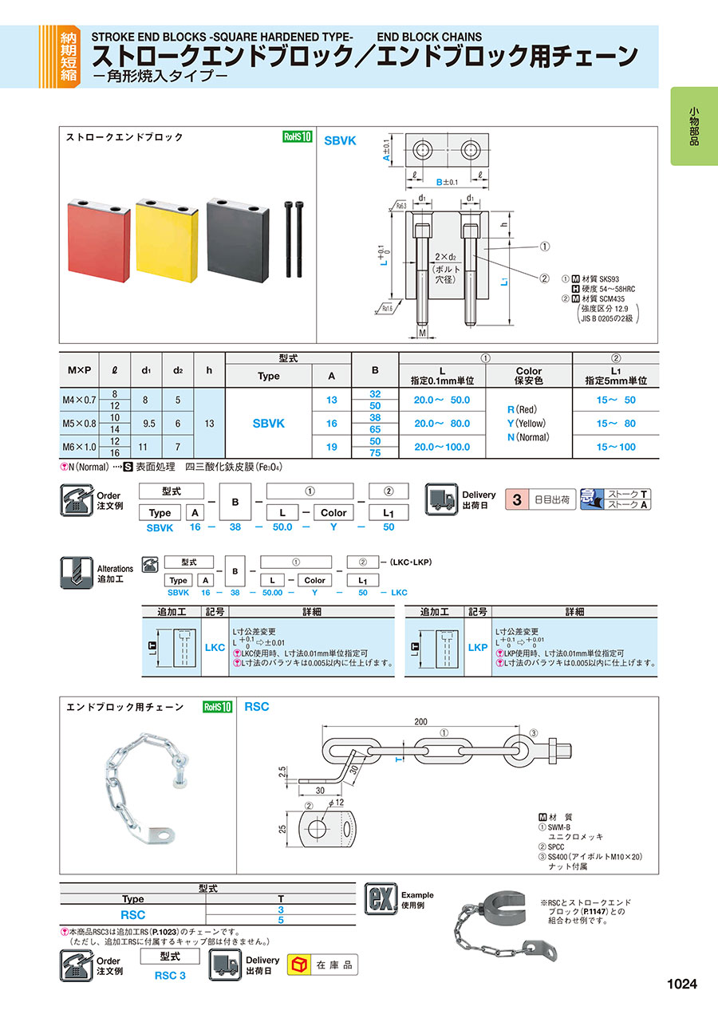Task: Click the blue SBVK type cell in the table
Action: click(x=268, y=423)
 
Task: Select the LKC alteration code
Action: click(x=215, y=648)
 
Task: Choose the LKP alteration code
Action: click(x=477, y=648)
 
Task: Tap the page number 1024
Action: click(x=681, y=984)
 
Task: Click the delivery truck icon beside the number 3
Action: click(x=440, y=500)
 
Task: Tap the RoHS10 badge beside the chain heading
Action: click(x=216, y=707)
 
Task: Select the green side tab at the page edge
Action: click(x=694, y=125)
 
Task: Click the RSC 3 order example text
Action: click(x=169, y=975)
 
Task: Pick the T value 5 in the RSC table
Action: click(x=281, y=920)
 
